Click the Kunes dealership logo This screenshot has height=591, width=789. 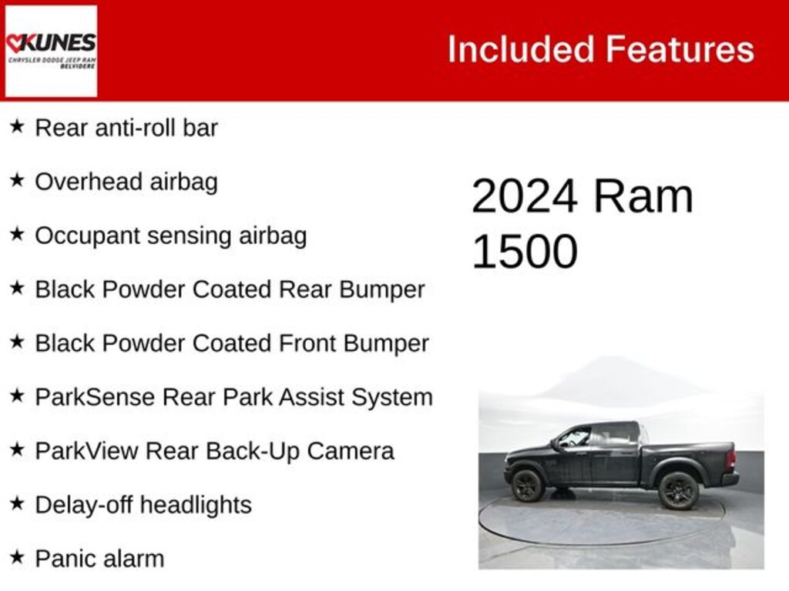point(51,51)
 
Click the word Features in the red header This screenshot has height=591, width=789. point(679,49)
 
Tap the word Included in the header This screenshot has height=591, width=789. point(521,49)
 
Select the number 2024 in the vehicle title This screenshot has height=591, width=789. point(524,196)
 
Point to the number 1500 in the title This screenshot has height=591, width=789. point(524,251)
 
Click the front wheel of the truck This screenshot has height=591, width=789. point(528,486)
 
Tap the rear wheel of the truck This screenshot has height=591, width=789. point(679,490)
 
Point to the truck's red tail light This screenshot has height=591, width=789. point(730,459)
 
